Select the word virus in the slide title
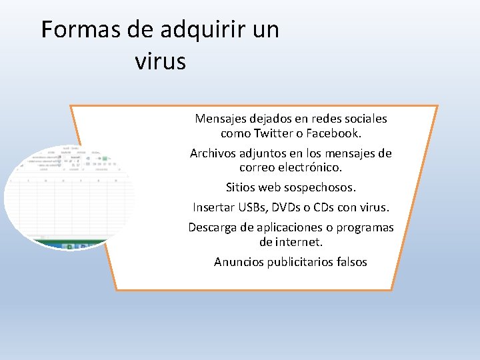pos(160,61)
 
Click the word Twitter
pos(274,133)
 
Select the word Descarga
pos(213,227)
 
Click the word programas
pos(365,227)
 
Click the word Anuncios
pos(239,262)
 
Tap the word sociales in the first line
pos(364,119)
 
